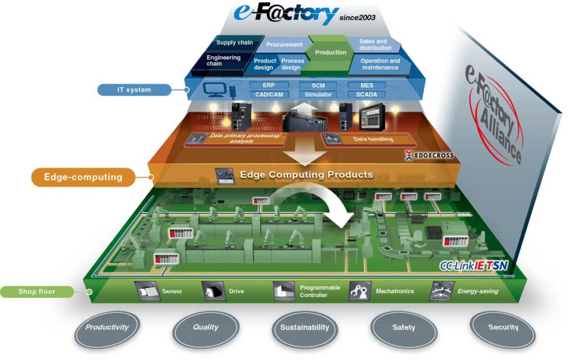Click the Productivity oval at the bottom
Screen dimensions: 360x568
[107, 327]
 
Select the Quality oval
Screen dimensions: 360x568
[206, 327]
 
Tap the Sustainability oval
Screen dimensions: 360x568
[304, 327]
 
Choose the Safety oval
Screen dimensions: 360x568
[404, 327]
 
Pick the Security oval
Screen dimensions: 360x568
[503, 327]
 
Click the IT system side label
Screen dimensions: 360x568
[134, 89]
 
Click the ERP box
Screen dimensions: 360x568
[268, 85]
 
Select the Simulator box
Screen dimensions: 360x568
[318, 94]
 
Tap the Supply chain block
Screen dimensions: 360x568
[234, 42]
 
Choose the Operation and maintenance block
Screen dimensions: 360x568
[380, 64]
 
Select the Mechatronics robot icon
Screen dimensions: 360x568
[360, 291]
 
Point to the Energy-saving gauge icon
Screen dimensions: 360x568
[441, 291]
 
